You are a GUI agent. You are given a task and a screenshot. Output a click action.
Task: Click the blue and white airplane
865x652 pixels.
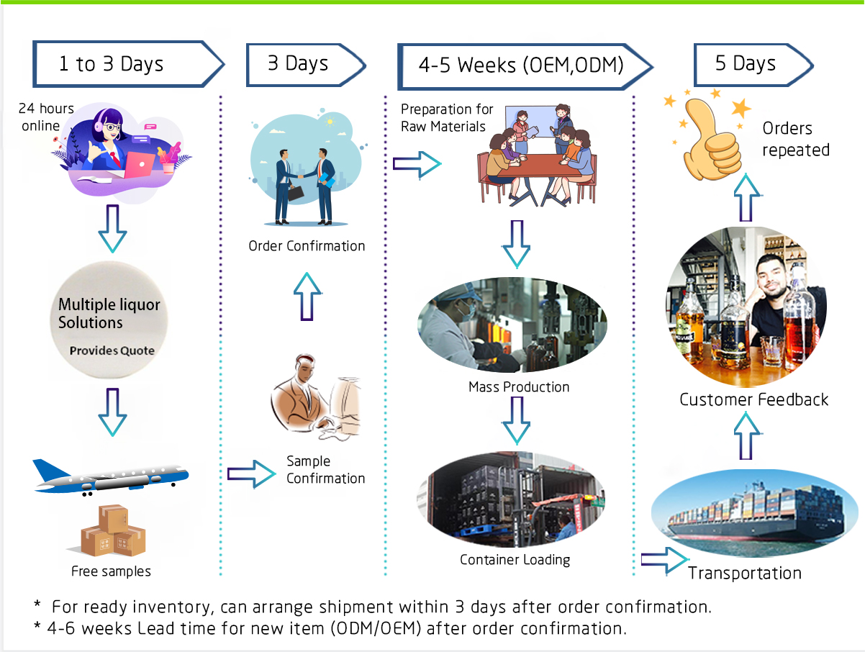[x=111, y=476]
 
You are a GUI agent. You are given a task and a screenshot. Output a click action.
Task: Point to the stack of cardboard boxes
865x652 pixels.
[x=113, y=532]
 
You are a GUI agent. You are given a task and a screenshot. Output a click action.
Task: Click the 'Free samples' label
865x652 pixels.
[x=112, y=571]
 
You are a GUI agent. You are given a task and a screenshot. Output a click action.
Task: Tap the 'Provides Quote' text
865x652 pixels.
[x=112, y=351]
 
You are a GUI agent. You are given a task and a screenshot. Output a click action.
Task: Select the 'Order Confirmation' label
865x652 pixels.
[x=307, y=246]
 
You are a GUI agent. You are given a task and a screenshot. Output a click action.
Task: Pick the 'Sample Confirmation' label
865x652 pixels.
[x=325, y=470]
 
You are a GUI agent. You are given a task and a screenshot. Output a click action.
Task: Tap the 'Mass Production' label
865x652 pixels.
[x=518, y=387]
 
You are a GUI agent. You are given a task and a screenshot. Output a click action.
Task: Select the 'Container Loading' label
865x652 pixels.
[x=515, y=559]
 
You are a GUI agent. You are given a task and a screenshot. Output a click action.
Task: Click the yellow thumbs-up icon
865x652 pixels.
[x=709, y=137]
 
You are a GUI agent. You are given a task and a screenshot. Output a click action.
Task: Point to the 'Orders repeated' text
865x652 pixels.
[x=795, y=139]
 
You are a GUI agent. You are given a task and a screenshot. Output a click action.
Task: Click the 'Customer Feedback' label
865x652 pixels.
[x=754, y=399]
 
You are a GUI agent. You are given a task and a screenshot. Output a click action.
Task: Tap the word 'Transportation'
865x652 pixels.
[x=744, y=574]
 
